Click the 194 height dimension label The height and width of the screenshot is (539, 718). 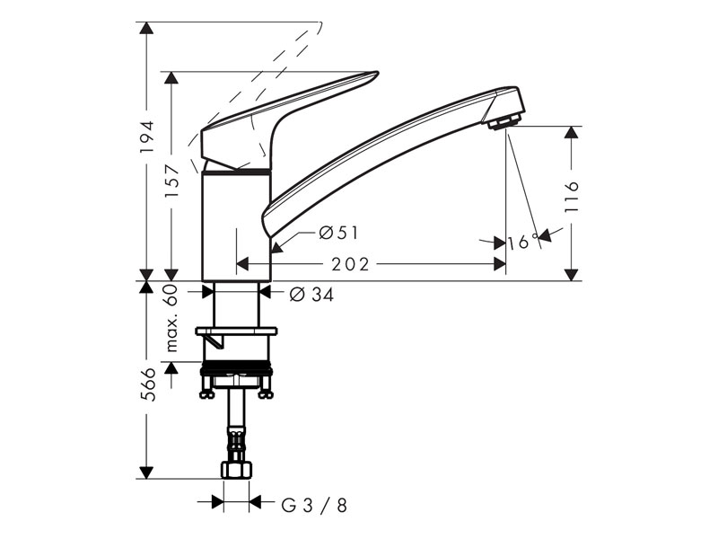[x=146, y=137]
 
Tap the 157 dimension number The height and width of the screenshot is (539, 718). [x=171, y=181]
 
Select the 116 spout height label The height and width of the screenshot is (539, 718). [x=572, y=196]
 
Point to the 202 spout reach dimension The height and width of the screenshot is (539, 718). [x=350, y=264]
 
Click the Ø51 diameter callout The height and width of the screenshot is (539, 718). [x=338, y=234]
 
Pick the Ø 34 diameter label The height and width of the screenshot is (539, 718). [x=311, y=295]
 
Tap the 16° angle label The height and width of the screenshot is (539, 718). [x=522, y=242]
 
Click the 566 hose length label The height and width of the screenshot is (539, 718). [x=147, y=384]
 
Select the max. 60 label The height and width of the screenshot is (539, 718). [x=171, y=318]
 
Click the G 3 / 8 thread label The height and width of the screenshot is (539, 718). [x=314, y=506]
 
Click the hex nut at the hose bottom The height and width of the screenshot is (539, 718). [x=237, y=470]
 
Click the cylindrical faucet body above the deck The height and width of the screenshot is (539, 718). [x=237, y=225]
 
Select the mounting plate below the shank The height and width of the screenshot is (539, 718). [x=236, y=331]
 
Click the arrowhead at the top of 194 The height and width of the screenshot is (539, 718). [x=146, y=29]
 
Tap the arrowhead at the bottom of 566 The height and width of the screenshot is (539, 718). [x=146, y=473]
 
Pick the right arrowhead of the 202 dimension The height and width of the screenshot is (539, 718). [x=499, y=264]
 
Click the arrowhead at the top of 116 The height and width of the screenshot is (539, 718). [x=571, y=132]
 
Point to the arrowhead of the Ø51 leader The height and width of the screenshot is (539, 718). [x=276, y=248]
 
